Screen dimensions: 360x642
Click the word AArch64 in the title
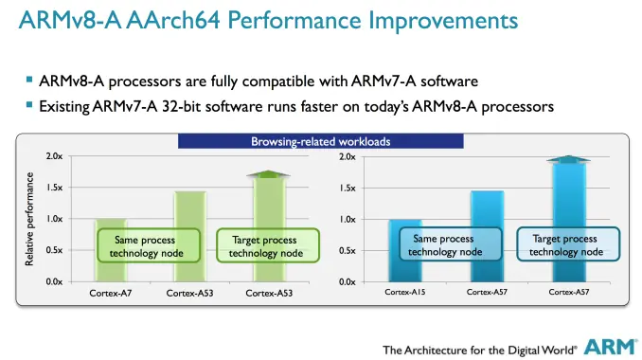pyautogui.click(x=183, y=20)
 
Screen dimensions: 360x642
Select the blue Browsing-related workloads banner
pyautogui.click(x=321, y=142)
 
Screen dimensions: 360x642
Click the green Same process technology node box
pyautogui.click(x=150, y=246)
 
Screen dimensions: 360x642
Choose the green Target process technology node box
pyautogui.click(x=267, y=246)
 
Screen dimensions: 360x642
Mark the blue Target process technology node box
pyautogui.click(x=566, y=245)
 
